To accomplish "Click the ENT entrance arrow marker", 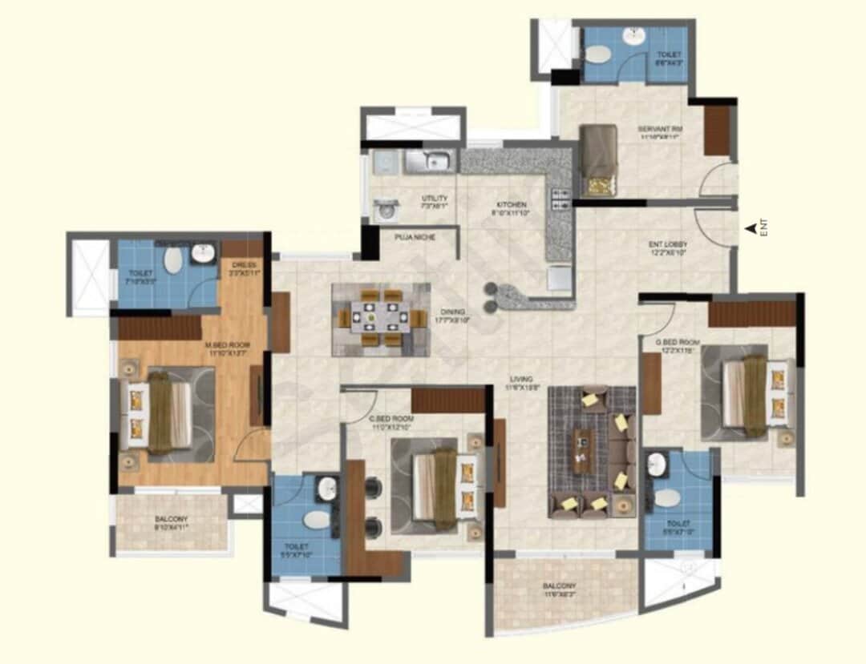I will tap(751, 229).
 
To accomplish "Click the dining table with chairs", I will tap(381, 319).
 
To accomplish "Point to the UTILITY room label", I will tap(435, 199).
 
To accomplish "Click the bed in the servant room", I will tap(598, 160).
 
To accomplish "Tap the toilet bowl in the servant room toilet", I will tap(597, 54).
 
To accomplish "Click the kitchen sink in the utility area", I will tap(430, 161).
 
